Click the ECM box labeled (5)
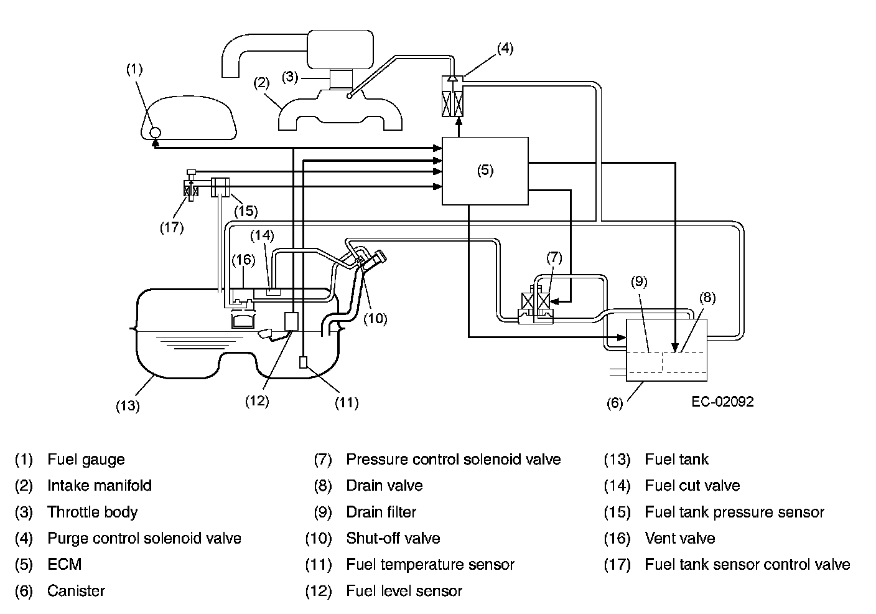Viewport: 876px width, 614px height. (485, 171)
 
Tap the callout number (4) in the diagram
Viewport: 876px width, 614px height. (505, 49)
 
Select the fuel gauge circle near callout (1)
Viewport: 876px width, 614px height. (155, 132)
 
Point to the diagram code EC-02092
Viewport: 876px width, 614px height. (722, 402)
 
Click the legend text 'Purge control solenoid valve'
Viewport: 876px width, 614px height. (144, 538)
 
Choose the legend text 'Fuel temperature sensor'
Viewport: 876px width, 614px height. (430, 565)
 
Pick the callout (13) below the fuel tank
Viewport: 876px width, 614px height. (127, 406)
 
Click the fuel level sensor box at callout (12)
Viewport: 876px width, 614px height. (292, 321)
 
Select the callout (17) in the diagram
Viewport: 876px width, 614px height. (171, 227)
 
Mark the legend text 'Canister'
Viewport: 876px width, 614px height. (76, 591)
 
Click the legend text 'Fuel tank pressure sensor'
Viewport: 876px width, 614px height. (734, 512)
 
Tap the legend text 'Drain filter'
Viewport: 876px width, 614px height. (381, 512)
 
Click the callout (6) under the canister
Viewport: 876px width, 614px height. (615, 403)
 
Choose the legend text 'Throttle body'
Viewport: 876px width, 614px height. (92, 512)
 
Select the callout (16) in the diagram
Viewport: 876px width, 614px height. (243, 259)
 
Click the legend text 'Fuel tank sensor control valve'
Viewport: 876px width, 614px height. (747, 565)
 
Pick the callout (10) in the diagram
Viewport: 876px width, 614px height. (375, 319)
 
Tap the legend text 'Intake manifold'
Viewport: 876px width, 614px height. (99, 486)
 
